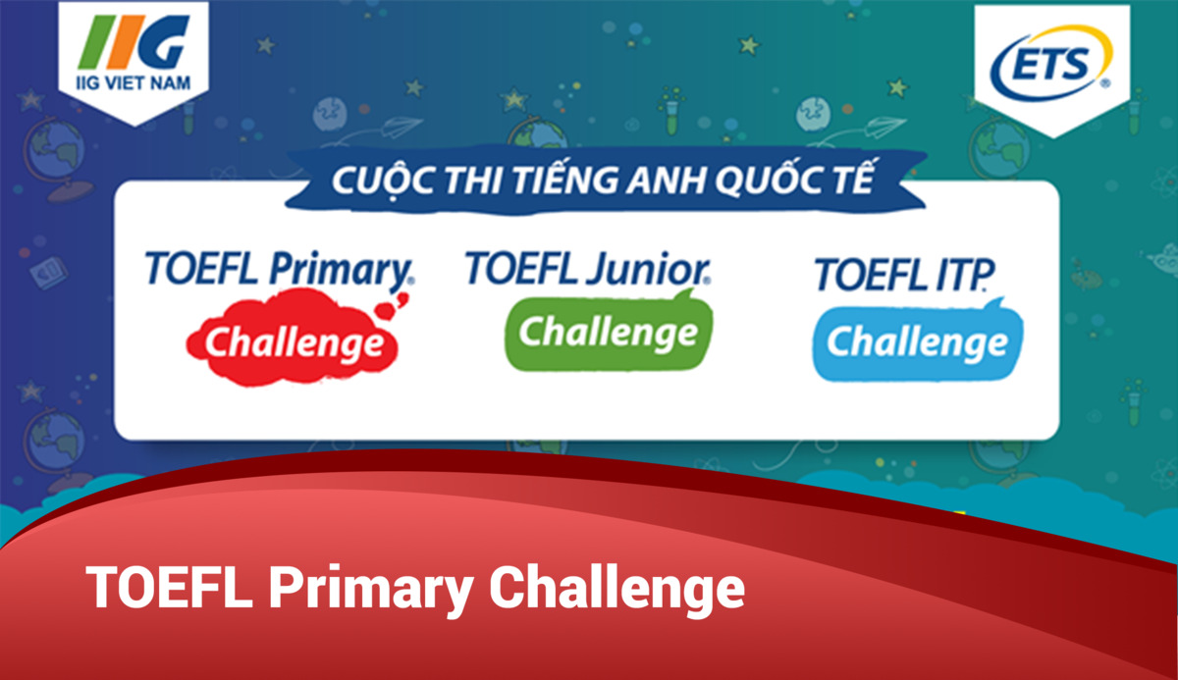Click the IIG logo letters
click(134, 42)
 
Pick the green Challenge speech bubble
click(608, 334)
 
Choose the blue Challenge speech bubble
click(917, 340)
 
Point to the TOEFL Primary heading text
click(279, 270)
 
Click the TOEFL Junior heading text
click(588, 268)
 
